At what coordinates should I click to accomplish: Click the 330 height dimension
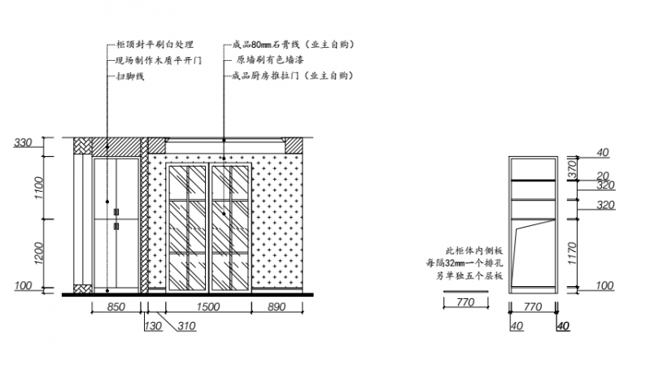pos(23,142)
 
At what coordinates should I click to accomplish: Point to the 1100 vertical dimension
pos(38,188)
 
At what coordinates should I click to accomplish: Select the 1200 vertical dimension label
pos(38,253)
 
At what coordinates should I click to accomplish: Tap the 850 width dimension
pos(116,307)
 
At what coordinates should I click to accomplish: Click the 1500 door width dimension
pos(207,307)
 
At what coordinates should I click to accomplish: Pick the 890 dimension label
pos(277,307)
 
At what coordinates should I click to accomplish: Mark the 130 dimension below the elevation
pos(153,326)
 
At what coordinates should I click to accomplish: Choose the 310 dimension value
pos(186,326)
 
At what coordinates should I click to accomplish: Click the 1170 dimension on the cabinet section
pos(573,254)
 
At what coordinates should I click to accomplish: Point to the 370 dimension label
pos(572,169)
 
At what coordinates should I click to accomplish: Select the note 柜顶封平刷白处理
pos(155,45)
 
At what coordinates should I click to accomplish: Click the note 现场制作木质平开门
pos(159,60)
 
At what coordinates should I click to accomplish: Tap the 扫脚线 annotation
pos(130,76)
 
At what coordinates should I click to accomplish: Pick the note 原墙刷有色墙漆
pos(270,60)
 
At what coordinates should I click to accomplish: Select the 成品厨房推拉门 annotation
pos(293,76)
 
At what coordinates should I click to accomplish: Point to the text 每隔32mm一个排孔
pos(465,263)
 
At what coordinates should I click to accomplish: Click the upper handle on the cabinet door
pos(116,212)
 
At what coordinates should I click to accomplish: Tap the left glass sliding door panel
pos(187,228)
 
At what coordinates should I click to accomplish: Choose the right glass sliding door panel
pos(230,228)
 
